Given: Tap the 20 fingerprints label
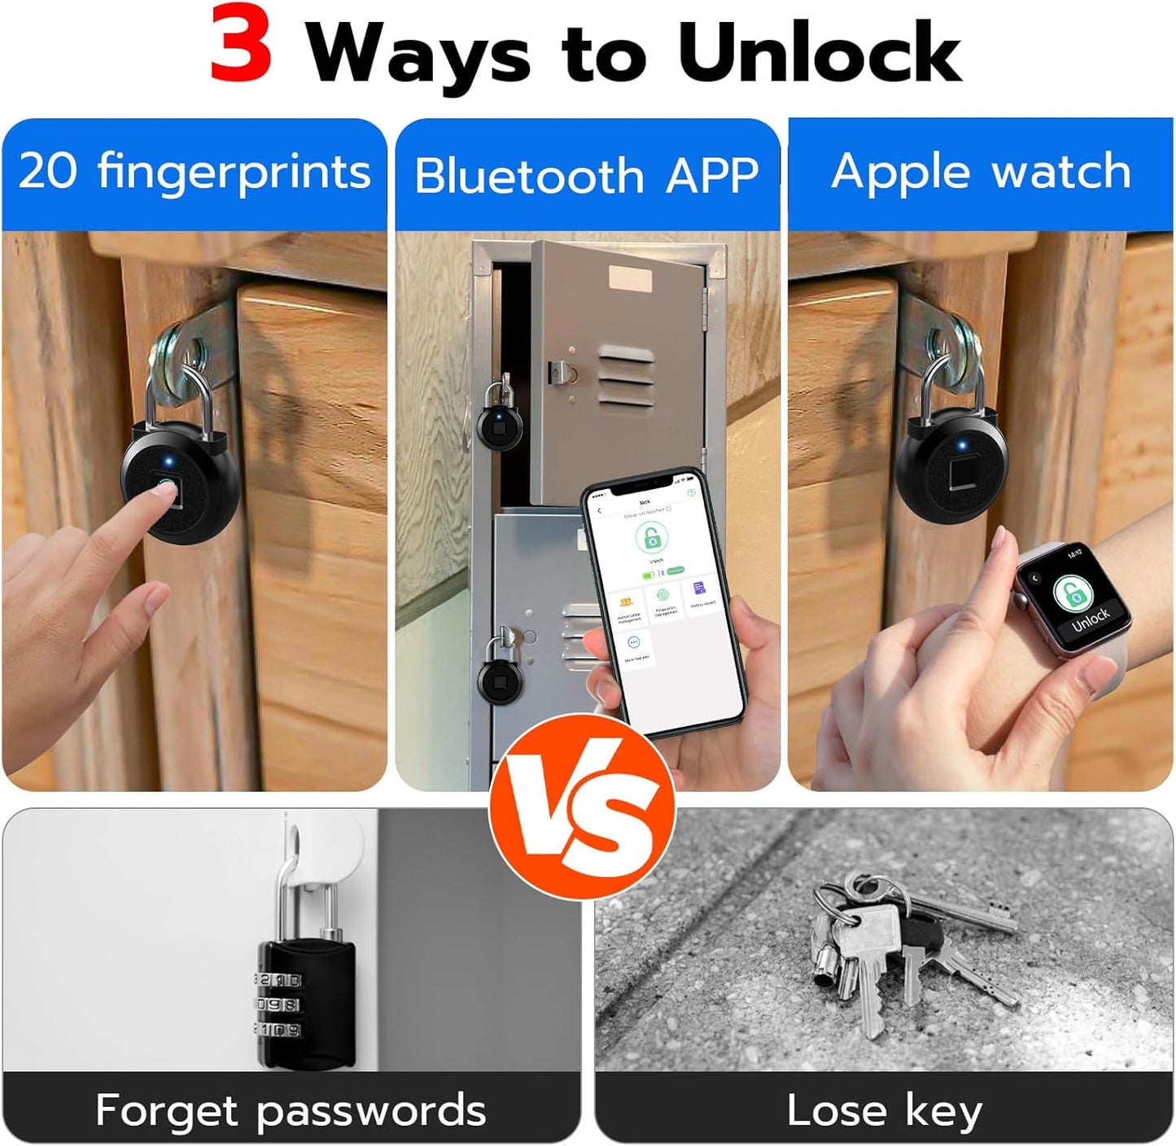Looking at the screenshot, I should pyautogui.click(x=195, y=172).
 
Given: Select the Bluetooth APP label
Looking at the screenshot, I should pyautogui.click(x=587, y=176).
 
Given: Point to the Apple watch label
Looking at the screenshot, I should pyautogui.click(x=981, y=172).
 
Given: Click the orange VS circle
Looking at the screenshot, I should pyautogui.click(x=583, y=806).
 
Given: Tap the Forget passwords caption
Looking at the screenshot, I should pyautogui.click(x=291, y=1110).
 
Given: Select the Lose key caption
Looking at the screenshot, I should pyautogui.click(x=885, y=1110).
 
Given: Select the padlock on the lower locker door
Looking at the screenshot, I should pyautogui.click(x=498, y=672).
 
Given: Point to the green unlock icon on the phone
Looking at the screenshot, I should pyautogui.click(x=651, y=537).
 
